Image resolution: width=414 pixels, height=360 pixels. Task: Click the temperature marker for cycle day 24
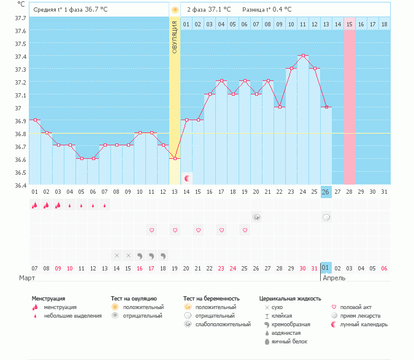(303, 56)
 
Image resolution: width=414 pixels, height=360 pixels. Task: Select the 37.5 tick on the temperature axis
(20, 44)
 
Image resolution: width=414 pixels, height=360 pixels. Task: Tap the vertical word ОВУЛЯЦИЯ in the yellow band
(175, 36)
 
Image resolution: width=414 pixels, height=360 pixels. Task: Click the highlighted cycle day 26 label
(326, 192)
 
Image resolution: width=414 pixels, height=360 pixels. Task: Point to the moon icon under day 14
(187, 178)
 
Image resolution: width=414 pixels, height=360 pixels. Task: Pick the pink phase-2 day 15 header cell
(349, 24)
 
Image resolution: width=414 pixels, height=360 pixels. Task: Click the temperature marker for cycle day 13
(175, 159)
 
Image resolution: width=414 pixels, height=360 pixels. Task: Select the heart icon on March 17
(151, 230)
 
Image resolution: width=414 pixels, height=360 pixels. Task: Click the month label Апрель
(334, 278)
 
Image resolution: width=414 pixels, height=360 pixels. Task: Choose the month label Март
(26, 278)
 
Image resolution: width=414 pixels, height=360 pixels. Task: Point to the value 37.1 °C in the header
(219, 10)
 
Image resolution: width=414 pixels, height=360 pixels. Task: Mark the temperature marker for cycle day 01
(35, 120)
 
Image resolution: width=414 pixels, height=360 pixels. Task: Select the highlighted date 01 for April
(326, 268)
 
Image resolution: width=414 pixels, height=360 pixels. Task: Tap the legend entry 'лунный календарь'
(364, 324)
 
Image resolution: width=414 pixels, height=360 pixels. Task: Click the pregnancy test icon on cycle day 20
(256, 217)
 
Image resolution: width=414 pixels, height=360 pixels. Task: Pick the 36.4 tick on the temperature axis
(20, 185)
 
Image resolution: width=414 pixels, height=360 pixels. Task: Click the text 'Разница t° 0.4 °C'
(267, 10)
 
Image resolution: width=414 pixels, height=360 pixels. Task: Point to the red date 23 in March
(221, 268)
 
